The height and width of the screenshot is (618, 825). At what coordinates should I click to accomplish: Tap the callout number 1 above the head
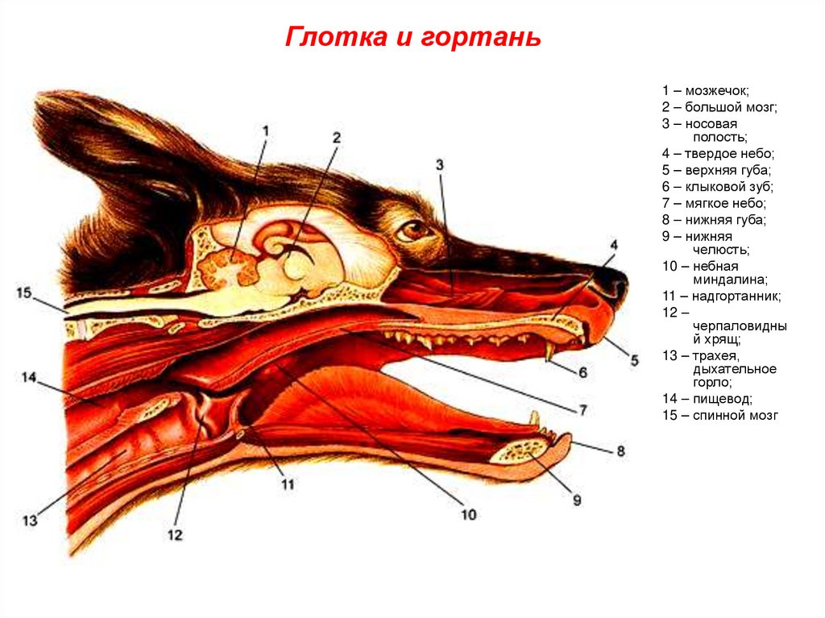click(265, 130)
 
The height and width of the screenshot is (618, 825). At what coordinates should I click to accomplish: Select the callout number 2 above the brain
click(336, 138)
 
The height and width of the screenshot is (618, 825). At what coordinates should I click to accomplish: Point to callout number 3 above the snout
click(439, 164)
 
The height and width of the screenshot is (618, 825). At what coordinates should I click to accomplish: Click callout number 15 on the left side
click(23, 293)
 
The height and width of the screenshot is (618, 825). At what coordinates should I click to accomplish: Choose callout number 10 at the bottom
click(468, 513)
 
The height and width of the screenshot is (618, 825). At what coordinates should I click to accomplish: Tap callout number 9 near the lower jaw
click(576, 500)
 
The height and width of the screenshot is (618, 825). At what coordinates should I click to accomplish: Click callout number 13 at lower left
click(30, 521)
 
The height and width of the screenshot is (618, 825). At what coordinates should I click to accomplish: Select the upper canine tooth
click(550, 352)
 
